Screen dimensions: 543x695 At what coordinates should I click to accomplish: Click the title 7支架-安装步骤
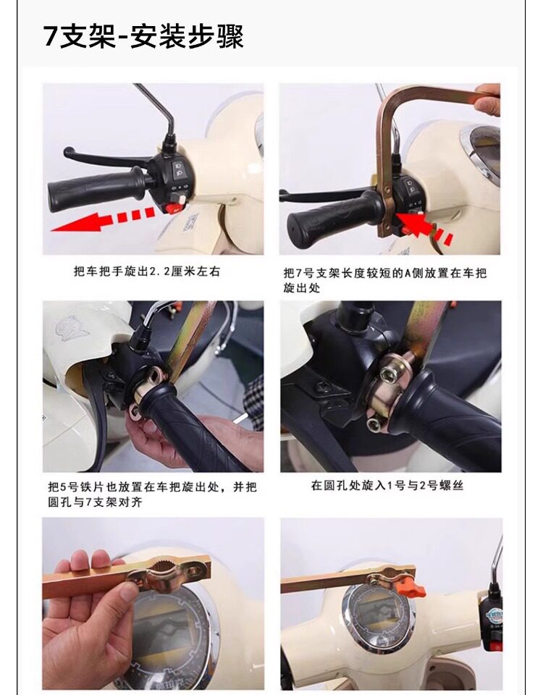[x=143, y=36]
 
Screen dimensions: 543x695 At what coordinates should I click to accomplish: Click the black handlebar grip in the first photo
[x=96, y=190]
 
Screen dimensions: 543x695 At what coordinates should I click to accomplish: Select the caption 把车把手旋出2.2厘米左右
[x=147, y=271]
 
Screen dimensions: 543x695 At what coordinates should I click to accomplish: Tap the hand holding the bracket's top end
[x=487, y=100]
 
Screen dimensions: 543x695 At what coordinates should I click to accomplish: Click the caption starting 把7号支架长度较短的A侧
[x=385, y=280]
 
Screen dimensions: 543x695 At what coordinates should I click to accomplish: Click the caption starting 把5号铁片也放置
[x=153, y=494]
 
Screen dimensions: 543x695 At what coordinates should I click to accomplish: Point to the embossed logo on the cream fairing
[x=72, y=329]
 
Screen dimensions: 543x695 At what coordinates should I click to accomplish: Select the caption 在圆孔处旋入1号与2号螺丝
[x=387, y=486]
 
